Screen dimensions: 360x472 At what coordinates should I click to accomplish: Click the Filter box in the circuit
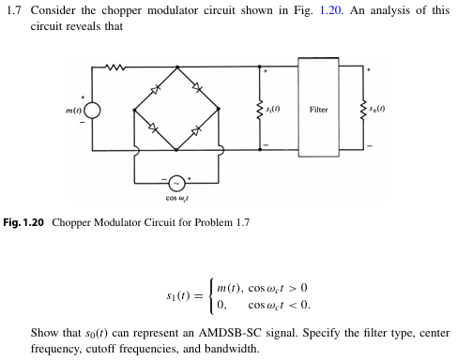319,110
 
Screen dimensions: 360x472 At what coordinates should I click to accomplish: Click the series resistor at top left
114,67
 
